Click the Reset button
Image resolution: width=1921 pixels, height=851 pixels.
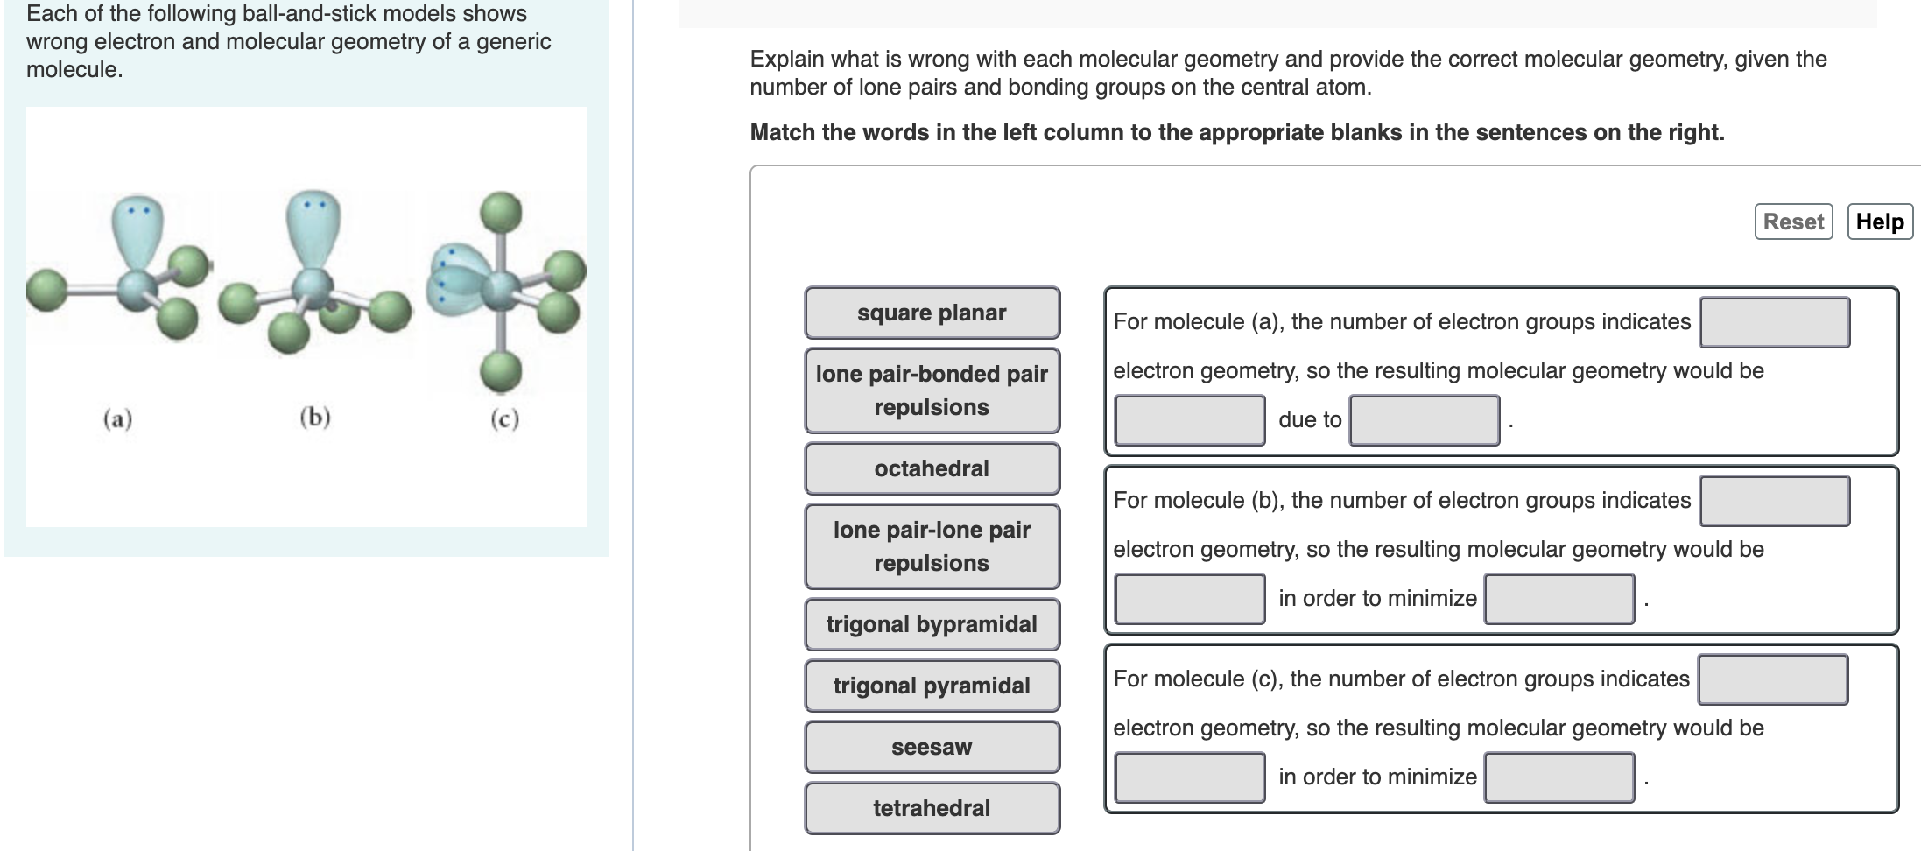[x=1793, y=222]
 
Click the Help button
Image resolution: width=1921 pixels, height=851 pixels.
[x=1880, y=222]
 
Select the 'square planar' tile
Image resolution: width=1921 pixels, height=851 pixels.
[x=932, y=313]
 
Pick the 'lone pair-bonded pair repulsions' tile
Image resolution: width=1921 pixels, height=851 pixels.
[x=932, y=390]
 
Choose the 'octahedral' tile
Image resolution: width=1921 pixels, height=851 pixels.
[x=932, y=468]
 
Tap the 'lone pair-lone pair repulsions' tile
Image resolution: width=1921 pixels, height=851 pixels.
[x=932, y=546]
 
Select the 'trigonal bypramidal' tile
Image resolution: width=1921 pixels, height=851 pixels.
[x=932, y=624]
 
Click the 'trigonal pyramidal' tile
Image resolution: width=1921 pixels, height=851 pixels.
[x=932, y=686]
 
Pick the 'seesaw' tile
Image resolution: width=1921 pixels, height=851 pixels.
[x=932, y=747]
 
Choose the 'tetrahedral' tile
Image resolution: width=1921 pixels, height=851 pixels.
[x=932, y=808]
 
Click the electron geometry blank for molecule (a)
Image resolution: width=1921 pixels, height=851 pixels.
[x=1774, y=322]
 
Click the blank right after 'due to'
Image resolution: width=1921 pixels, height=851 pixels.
[x=1424, y=420]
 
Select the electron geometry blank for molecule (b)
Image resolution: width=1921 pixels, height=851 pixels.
[x=1774, y=501]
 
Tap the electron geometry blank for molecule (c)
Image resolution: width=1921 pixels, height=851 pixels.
[x=1772, y=679]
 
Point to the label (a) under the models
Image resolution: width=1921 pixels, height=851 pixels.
[x=118, y=419]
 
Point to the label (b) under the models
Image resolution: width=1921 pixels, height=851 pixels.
[x=315, y=417]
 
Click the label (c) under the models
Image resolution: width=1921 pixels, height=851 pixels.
[x=504, y=419]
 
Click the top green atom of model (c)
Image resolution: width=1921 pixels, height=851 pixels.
[x=501, y=212]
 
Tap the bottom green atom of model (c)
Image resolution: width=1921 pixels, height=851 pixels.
[x=501, y=371]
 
